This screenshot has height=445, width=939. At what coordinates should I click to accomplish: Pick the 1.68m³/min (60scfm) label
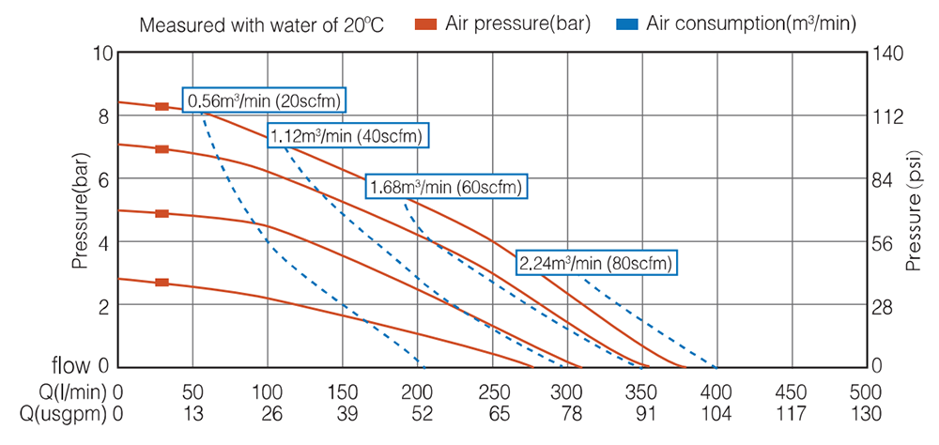pos(447,187)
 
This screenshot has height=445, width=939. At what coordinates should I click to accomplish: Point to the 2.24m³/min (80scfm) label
pos(596,263)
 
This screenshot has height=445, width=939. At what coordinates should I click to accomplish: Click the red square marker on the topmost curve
pos(162,107)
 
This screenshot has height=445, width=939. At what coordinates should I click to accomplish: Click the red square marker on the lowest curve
pos(162,283)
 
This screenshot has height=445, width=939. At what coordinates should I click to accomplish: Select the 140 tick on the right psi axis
pos(889,53)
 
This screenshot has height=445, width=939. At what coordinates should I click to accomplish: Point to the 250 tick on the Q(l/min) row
pos(492,391)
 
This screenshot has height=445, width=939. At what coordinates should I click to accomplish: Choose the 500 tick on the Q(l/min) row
pos(864,391)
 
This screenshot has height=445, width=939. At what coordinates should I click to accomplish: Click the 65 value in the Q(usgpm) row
pos(492,414)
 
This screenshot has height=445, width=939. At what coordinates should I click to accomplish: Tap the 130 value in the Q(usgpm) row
pos(864,414)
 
